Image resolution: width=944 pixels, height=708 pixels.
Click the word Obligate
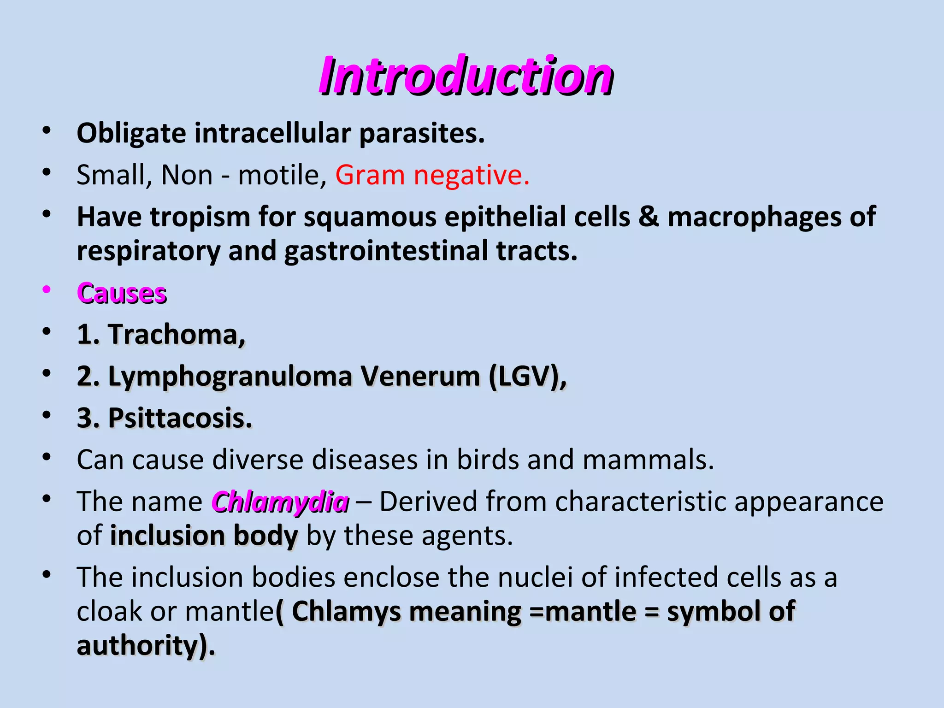pos(131,134)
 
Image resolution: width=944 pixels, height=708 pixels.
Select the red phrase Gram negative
pos(432,175)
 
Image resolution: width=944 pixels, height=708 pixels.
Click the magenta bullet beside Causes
pos(46,290)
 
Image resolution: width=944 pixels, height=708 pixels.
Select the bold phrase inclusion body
pos(204,536)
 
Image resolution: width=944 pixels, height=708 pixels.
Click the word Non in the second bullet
pos(187,175)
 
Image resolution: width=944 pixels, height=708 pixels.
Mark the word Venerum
pos(421,376)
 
